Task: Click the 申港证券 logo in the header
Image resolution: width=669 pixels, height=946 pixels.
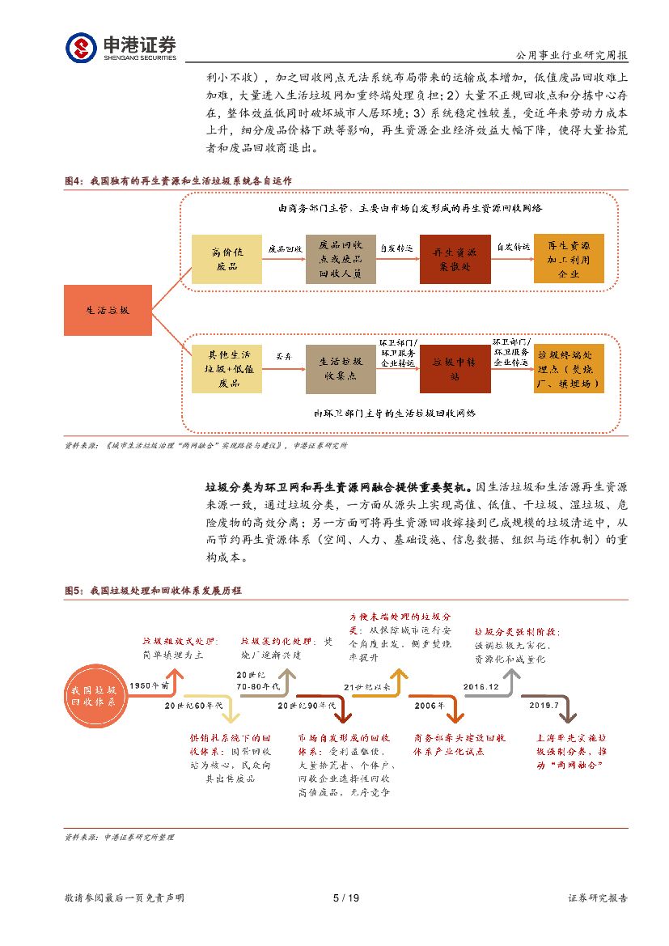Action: coord(121,47)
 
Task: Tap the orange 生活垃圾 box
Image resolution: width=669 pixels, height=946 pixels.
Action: coord(107,311)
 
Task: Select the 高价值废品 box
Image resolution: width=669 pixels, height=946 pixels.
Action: coord(227,258)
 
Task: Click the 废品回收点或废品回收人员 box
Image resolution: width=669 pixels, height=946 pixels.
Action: coord(341,258)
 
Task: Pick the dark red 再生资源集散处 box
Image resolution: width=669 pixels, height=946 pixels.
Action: coord(455,258)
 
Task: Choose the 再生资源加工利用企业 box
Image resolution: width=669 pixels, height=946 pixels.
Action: coord(569,258)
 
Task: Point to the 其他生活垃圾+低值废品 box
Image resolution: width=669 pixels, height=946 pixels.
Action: coord(227,369)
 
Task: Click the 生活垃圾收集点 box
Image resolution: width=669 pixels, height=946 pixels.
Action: coord(341,369)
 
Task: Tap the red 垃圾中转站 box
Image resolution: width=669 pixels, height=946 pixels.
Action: coord(455,369)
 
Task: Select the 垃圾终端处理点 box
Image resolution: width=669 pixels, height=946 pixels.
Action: coord(569,369)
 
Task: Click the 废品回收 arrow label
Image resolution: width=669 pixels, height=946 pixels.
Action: coord(285,248)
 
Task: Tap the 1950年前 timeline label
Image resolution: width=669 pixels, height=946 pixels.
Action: coord(150,685)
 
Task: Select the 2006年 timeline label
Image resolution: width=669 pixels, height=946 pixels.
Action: coord(430,706)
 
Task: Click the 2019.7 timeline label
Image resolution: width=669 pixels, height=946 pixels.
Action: coord(544,706)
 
